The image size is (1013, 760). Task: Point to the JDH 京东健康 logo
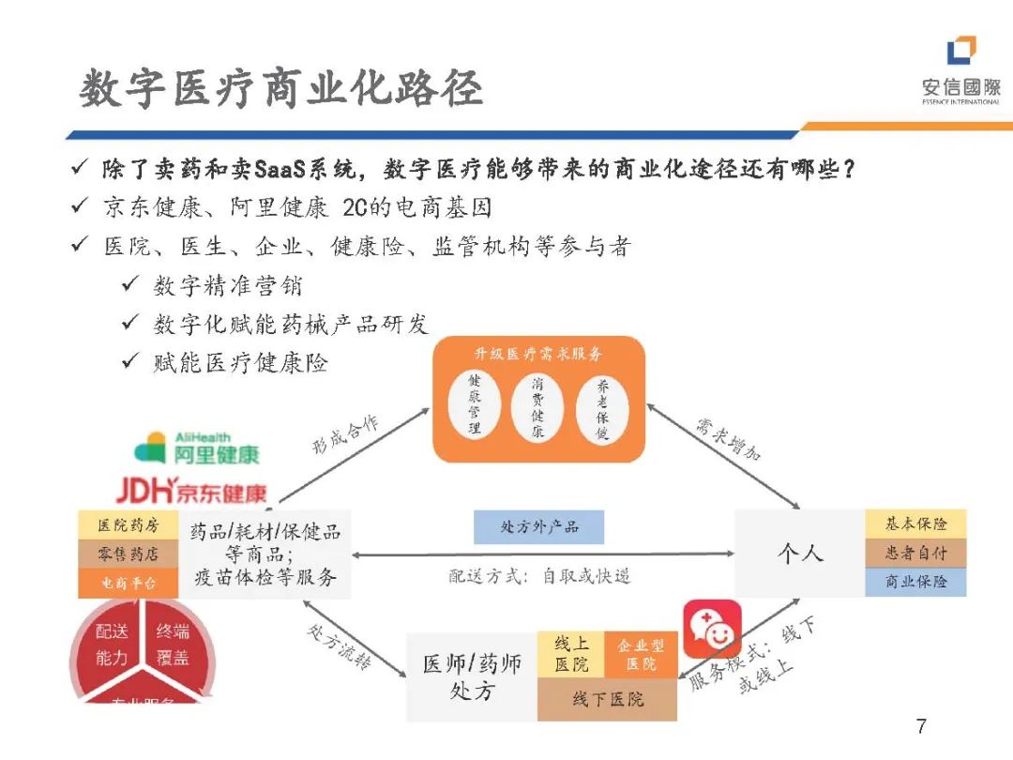(x=191, y=490)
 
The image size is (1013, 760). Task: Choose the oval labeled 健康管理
(x=475, y=405)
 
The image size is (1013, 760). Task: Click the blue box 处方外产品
(x=538, y=527)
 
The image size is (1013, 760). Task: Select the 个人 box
(x=799, y=553)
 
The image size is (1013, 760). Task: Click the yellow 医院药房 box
(x=129, y=524)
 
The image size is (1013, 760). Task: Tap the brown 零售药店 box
(x=129, y=554)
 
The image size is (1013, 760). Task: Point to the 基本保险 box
(x=915, y=524)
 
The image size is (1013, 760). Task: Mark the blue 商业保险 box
(x=915, y=582)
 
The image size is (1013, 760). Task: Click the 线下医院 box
(x=607, y=699)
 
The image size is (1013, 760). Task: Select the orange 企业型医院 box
(x=642, y=654)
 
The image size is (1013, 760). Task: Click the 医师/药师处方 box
(x=472, y=677)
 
